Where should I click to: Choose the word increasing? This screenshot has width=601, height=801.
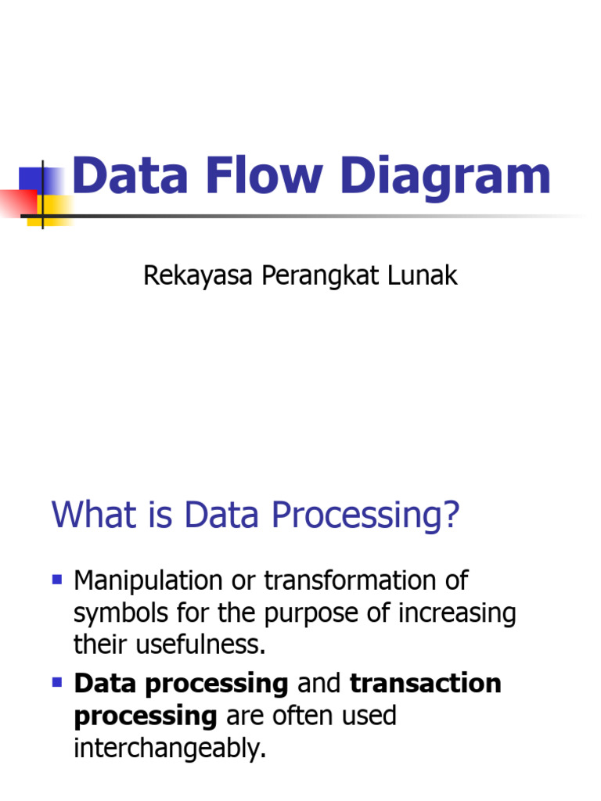(x=457, y=614)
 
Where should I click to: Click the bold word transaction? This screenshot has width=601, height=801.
(x=425, y=684)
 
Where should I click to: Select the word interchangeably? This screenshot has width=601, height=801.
(x=170, y=749)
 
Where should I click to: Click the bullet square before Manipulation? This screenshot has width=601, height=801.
(x=56, y=580)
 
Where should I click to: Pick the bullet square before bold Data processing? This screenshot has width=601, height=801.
(x=56, y=682)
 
